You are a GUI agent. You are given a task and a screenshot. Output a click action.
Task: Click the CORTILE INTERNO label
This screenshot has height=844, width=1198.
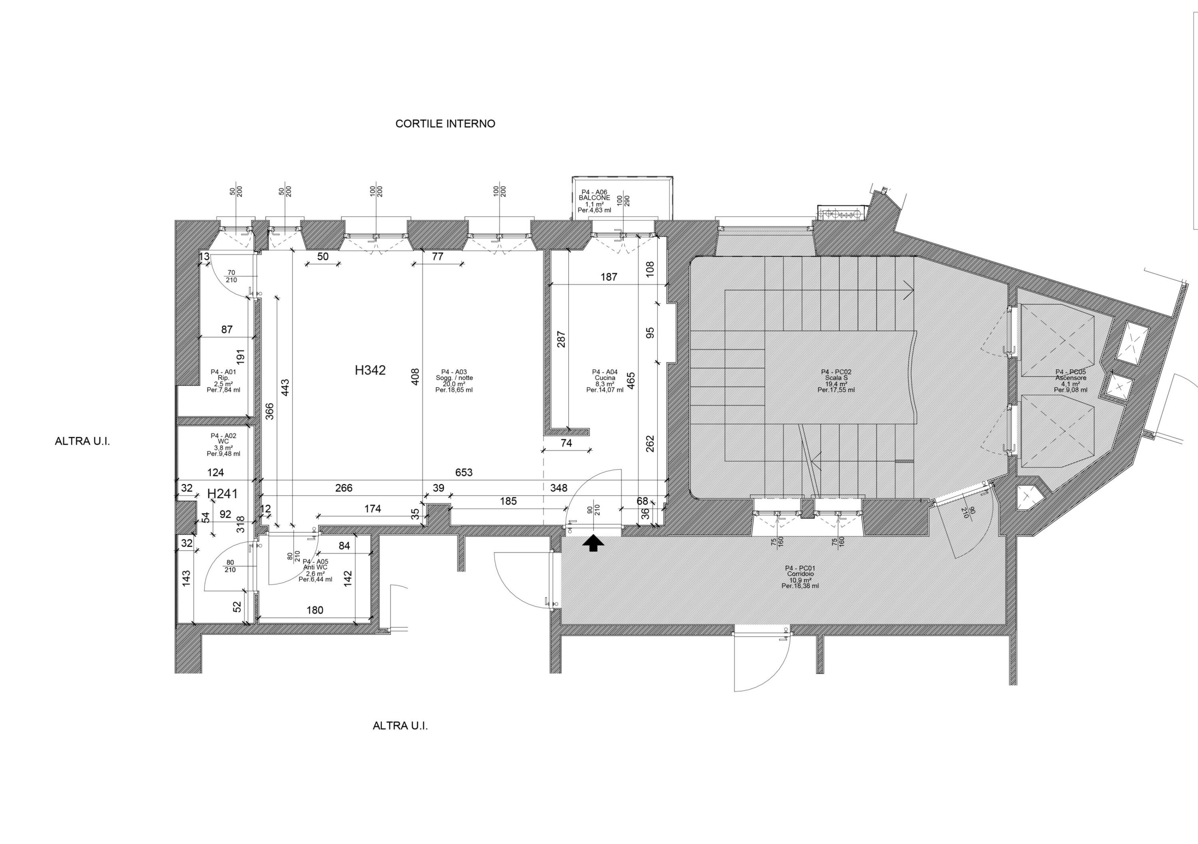(x=445, y=124)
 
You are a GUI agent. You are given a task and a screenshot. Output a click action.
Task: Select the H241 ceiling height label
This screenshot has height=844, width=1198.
(x=222, y=493)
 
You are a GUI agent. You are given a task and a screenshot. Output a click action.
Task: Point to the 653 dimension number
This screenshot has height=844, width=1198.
(x=464, y=473)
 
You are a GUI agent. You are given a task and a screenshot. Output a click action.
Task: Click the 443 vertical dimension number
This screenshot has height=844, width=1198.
(x=285, y=388)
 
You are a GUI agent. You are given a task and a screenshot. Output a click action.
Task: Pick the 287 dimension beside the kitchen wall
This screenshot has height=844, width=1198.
(x=561, y=340)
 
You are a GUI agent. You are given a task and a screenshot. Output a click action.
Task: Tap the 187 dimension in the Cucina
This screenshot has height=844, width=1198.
(x=609, y=277)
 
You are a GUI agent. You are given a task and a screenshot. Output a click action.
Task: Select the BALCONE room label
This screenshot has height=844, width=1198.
(x=594, y=198)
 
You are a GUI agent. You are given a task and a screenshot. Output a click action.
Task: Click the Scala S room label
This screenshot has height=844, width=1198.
(x=836, y=378)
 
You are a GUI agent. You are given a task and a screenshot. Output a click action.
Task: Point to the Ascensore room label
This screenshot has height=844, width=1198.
(x=1071, y=378)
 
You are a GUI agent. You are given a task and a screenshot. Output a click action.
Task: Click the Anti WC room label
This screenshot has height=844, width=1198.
(x=315, y=567)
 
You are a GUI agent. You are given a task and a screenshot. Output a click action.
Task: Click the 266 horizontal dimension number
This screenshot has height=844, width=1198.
(x=344, y=488)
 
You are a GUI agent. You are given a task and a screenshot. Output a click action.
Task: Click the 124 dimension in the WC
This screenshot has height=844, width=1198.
(x=216, y=473)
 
